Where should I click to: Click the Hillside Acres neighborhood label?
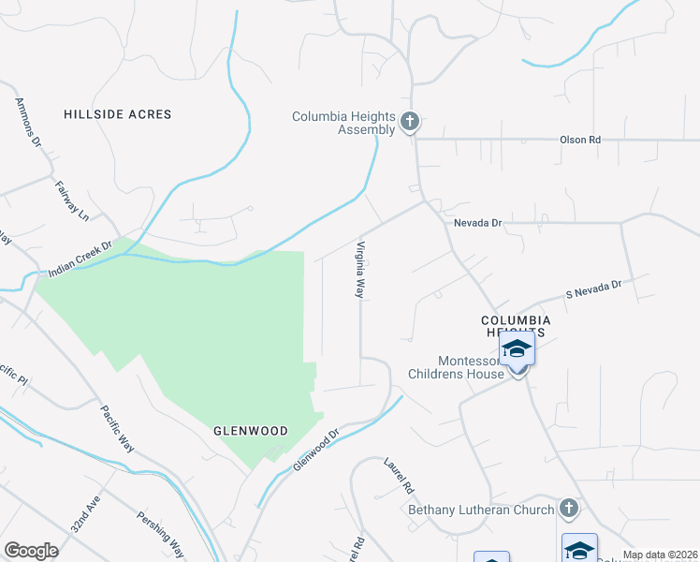pos(118,114)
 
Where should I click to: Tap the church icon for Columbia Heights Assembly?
pos(409,122)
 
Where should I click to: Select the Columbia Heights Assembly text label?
pos(343,124)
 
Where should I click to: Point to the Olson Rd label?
pos(579,140)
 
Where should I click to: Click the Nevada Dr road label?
pos(478,224)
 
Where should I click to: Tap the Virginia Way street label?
pos(358,270)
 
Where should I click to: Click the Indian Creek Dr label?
pos(80,261)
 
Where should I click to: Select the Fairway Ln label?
pos(71,200)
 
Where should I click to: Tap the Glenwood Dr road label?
pos(314,452)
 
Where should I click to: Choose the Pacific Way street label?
pos(117,430)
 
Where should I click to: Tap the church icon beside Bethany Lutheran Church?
pos(566,509)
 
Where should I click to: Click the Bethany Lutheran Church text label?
pos(481,510)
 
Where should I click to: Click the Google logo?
pos(32,551)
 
